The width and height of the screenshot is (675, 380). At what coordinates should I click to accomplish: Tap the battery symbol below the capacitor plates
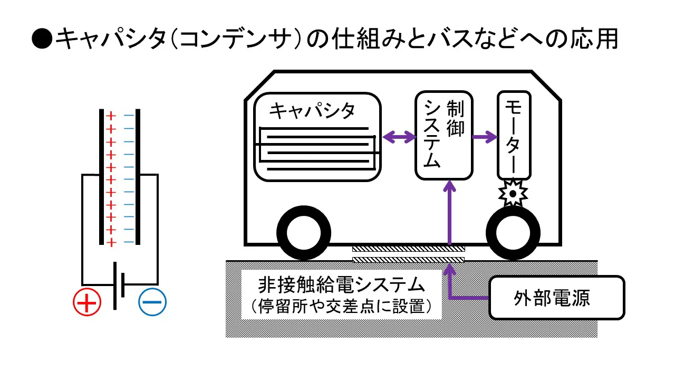pyautogui.click(x=119, y=285)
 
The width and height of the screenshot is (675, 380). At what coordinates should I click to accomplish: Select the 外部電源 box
pyautogui.click(x=556, y=298)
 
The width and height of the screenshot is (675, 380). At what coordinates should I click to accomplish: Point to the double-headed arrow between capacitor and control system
pyautogui.click(x=399, y=138)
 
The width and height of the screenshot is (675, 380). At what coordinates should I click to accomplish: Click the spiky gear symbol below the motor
pyautogui.click(x=513, y=194)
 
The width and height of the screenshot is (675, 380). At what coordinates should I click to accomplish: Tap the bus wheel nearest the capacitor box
pyautogui.click(x=304, y=233)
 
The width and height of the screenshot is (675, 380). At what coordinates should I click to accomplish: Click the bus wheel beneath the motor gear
pyautogui.click(x=513, y=233)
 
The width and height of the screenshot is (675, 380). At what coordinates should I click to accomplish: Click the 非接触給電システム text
pyautogui.click(x=341, y=286)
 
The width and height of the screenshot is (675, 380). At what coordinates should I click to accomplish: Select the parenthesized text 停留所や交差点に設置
pyautogui.click(x=341, y=306)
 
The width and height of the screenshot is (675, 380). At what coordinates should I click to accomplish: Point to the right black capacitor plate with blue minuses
pyautogui.click(x=138, y=177)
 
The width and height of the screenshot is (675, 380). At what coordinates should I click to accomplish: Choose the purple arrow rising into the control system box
pyautogui.click(x=449, y=211)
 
